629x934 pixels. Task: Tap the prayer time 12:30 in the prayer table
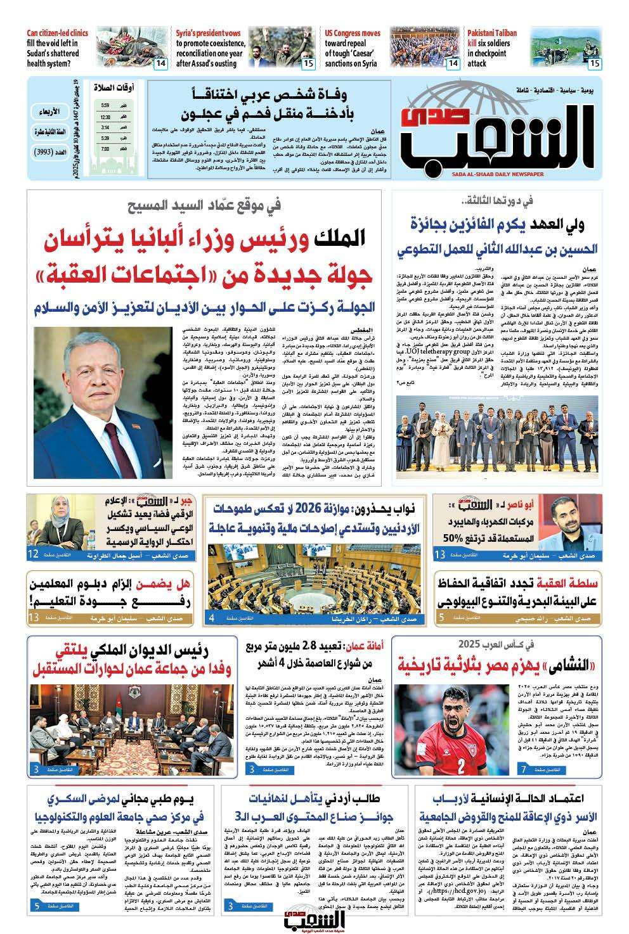click(x=105, y=117)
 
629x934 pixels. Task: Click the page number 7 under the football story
click(x=522, y=769)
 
